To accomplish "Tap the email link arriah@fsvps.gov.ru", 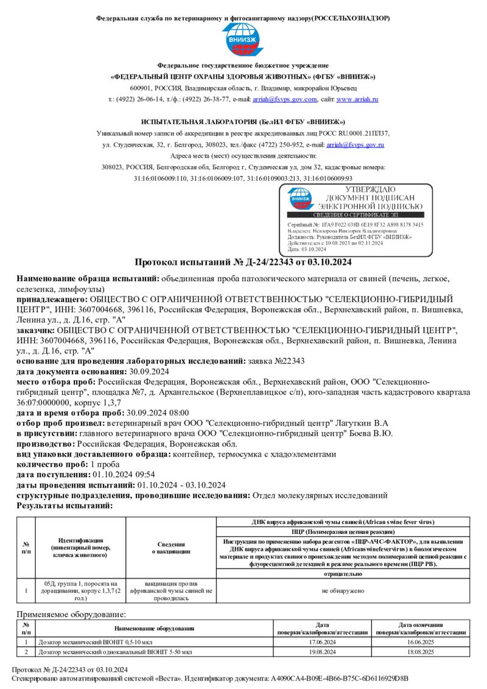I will click(x=356, y=145).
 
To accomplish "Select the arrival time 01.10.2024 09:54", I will click(x=124, y=475).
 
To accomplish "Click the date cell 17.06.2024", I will click(x=323, y=642).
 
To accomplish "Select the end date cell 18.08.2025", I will click(x=421, y=652).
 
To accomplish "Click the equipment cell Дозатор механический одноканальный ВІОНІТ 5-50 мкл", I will click(x=114, y=652).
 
